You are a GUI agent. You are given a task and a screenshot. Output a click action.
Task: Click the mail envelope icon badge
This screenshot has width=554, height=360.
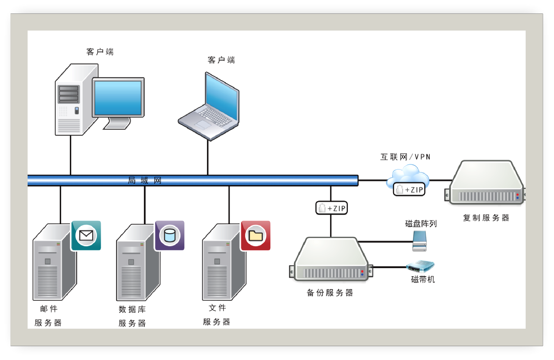86,235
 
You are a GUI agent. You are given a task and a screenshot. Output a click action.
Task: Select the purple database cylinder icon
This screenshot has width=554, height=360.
170,235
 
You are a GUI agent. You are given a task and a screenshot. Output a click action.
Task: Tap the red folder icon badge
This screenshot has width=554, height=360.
256,235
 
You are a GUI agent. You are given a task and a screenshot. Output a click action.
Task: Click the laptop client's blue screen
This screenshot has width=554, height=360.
222,97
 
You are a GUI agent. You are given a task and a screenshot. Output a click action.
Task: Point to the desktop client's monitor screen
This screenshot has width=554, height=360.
118,98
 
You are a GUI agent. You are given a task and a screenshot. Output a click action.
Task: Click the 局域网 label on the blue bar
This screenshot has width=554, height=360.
144,181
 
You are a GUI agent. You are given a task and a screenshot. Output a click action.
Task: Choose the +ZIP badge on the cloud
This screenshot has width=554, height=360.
409,190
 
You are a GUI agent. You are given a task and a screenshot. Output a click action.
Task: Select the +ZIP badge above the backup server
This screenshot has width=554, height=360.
332,208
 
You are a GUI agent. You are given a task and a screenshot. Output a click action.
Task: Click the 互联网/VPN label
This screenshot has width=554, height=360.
405,157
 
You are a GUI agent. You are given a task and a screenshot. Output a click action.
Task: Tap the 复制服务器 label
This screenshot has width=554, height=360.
486,218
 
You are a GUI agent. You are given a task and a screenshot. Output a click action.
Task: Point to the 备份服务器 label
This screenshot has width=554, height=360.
330,293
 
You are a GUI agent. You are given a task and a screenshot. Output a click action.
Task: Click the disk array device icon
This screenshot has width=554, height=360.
420,241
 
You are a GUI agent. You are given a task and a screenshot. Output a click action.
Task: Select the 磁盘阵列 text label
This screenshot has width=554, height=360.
421,224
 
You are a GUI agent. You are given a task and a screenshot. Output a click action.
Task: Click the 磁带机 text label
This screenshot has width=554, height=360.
423,279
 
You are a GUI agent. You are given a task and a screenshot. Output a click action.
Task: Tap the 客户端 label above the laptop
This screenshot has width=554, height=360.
221,60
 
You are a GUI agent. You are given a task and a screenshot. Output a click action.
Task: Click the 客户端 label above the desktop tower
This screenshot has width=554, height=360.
100,52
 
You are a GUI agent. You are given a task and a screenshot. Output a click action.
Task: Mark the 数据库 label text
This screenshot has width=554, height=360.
132,309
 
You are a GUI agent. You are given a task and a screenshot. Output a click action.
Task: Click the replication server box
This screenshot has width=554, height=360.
485,183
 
